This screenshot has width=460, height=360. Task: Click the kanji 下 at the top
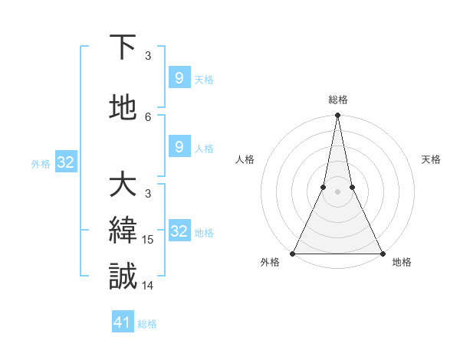click(x=123, y=47)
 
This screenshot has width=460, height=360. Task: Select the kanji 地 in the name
click(x=123, y=109)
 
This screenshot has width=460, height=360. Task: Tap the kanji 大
click(x=123, y=185)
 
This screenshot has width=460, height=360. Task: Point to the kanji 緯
click(x=123, y=231)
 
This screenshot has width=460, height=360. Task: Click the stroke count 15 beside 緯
click(x=149, y=240)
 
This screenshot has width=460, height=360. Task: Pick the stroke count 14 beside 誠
click(x=149, y=286)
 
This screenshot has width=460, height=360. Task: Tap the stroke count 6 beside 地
click(x=149, y=116)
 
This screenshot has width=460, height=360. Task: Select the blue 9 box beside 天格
click(x=179, y=78)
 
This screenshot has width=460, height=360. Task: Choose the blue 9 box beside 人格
click(x=179, y=147)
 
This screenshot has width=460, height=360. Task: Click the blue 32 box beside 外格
click(x=65, y=162)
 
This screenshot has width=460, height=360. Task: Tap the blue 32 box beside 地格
click(x=179, y=231)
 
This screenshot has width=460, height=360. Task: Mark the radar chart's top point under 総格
click(x=337, y=116)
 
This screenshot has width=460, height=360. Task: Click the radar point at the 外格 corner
click(x=293, y=253)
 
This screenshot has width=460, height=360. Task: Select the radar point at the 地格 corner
click(x=382, y=253)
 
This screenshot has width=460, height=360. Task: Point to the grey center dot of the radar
click(x=337, y=191)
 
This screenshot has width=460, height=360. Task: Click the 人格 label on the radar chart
click(x=245, y=159)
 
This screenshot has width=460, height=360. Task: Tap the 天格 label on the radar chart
click(x=432, y=159)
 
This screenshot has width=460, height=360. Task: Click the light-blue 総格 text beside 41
click(x=147, y=324)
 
